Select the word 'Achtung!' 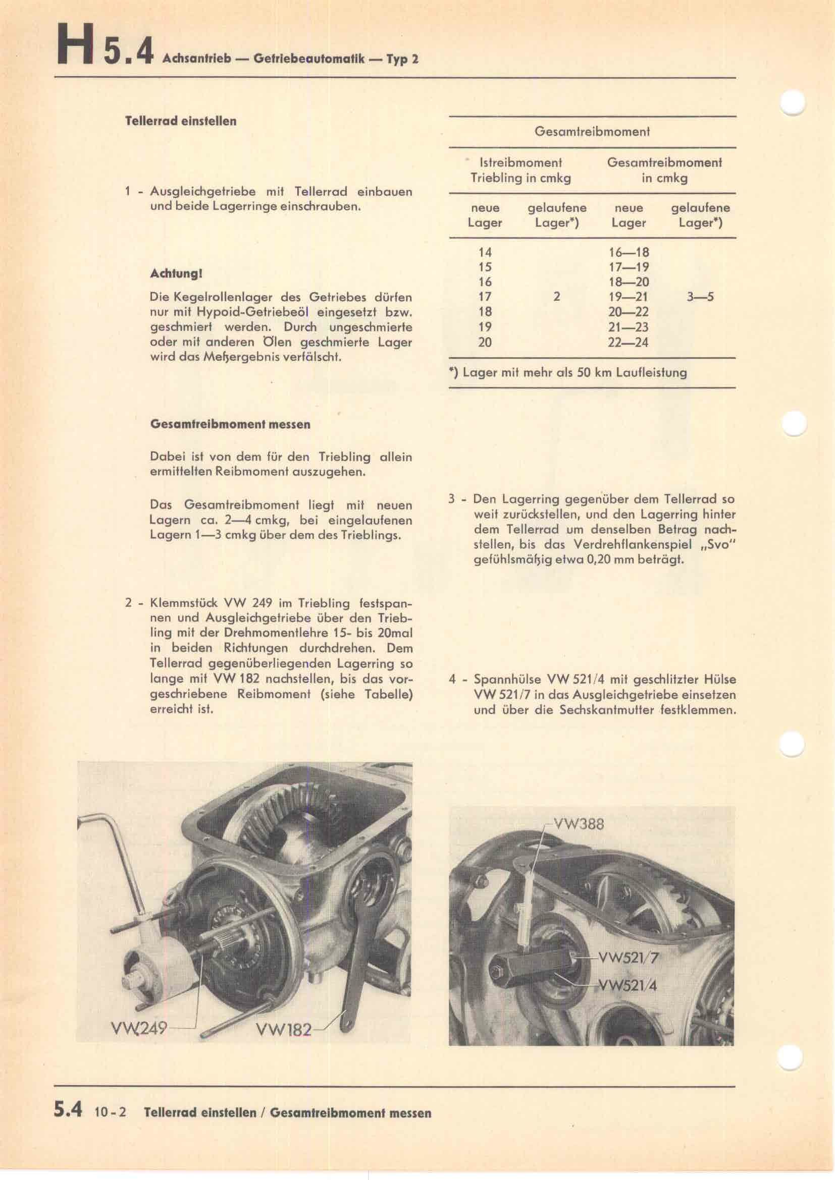(x=176, y=274)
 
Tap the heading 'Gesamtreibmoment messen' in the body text (x=230, y=424)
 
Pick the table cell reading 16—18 (x=628, y=252)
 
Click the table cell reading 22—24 (x=628, y=342)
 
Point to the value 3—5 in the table (x=700, y=297)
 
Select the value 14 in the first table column (x=484, y=252)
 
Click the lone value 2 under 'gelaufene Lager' (x=556, y=297)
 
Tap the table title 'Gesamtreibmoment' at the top (x=592, y=132)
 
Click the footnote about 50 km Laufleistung (x=567, y=372)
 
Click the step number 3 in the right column (x=451, y=499)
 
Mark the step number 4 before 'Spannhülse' (x=452, y=680)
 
